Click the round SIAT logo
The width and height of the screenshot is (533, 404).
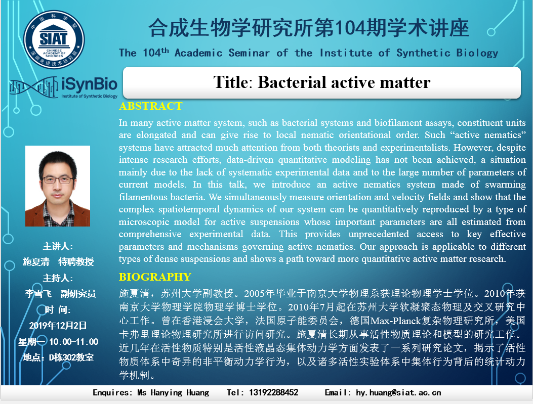(x=54, y=39)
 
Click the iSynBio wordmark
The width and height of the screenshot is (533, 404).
(x=90, y=84)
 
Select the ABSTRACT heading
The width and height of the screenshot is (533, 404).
(x=150, y=106)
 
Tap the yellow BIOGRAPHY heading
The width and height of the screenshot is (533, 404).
(x=155, y=277)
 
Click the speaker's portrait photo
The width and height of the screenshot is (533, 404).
(x=57, y=186)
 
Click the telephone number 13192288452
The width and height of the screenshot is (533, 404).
(x=274, y=392)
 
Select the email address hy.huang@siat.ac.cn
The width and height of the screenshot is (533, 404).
(x=398, y=393)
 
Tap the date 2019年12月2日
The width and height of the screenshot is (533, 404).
(x=58, y=325)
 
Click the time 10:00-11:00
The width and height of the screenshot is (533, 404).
(x=74, y=341)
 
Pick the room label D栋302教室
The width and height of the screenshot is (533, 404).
(x=71, y=357)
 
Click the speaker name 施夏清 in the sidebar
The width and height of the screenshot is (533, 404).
(x=36, y=262)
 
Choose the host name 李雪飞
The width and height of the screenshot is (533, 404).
(x=38, y=294)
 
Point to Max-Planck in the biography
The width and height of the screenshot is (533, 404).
(x=396, y=321)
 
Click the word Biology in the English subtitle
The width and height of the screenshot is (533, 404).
(x=477, y=53)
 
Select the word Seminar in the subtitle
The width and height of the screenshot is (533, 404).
(x=249, y=53)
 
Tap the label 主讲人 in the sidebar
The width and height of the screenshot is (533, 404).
(x=56, y=246)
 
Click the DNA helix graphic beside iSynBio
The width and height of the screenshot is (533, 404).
(x=34, y=87)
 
